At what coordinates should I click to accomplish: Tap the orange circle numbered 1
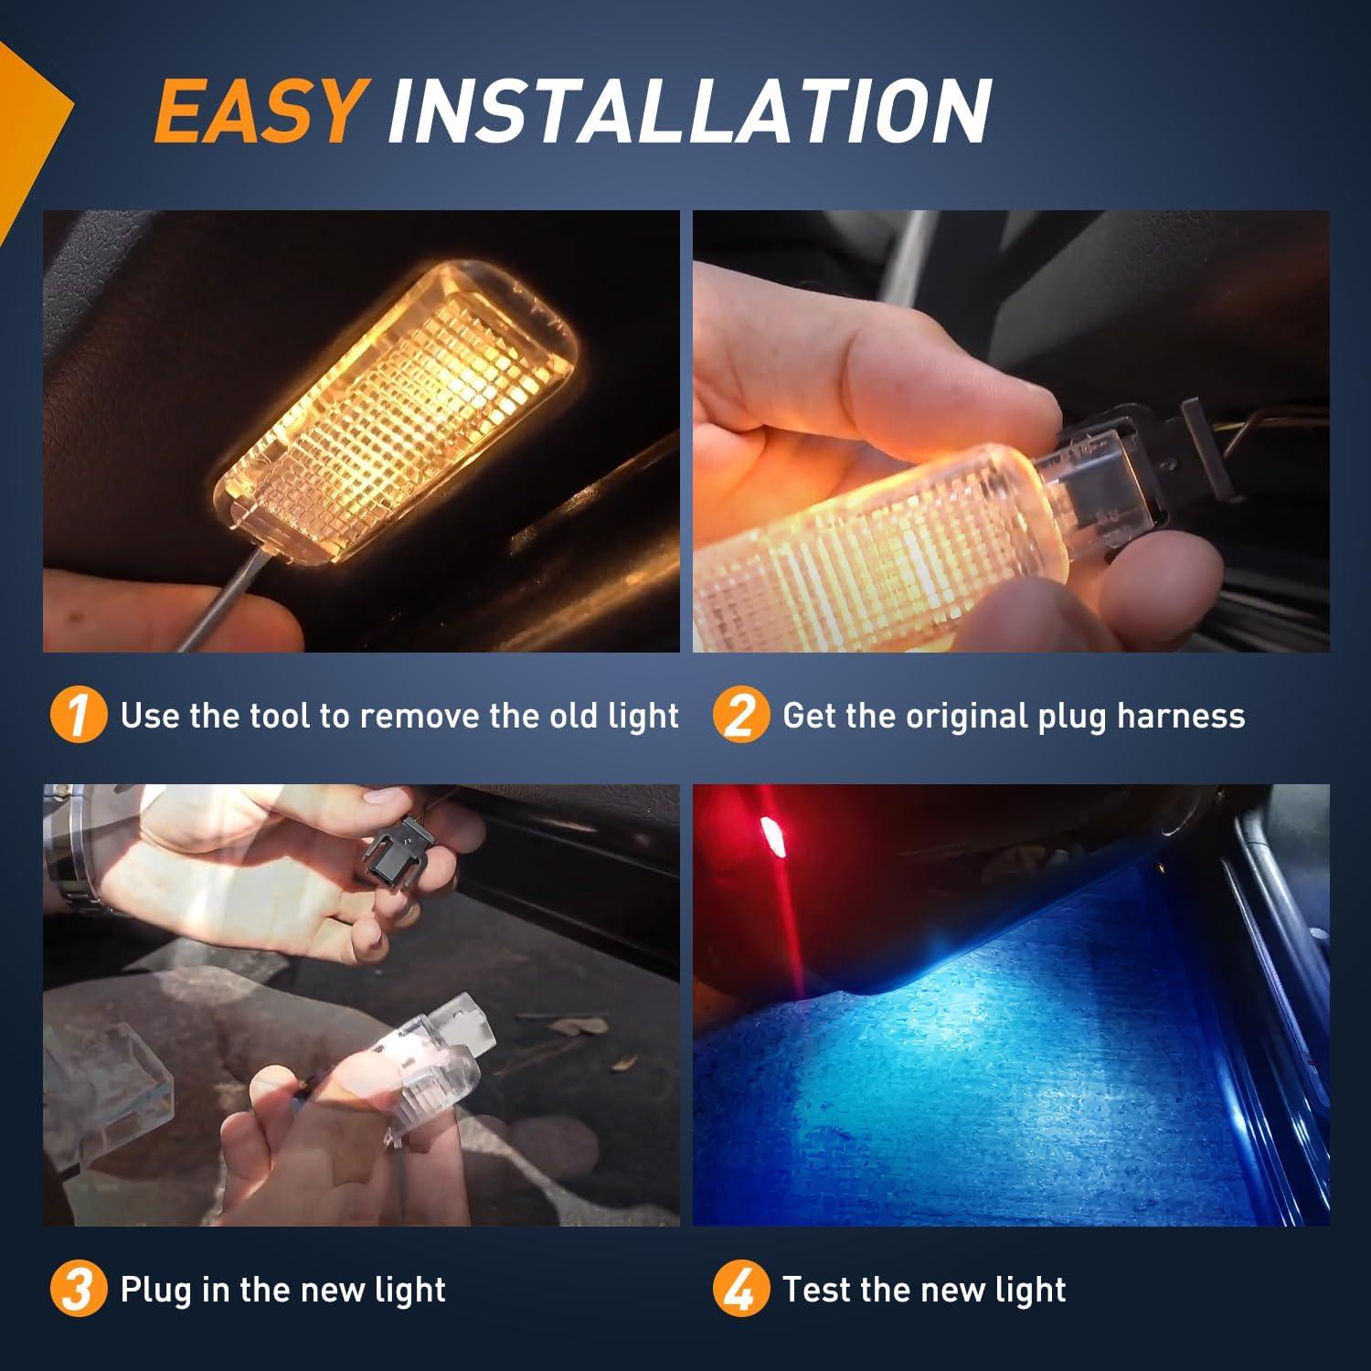[79, 716]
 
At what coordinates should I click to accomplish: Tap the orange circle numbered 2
[740, 716]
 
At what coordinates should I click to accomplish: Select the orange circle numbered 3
[79, 1290]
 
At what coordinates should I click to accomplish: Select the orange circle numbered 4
[740, 1290]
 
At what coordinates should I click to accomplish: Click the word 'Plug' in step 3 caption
[153, 1290]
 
